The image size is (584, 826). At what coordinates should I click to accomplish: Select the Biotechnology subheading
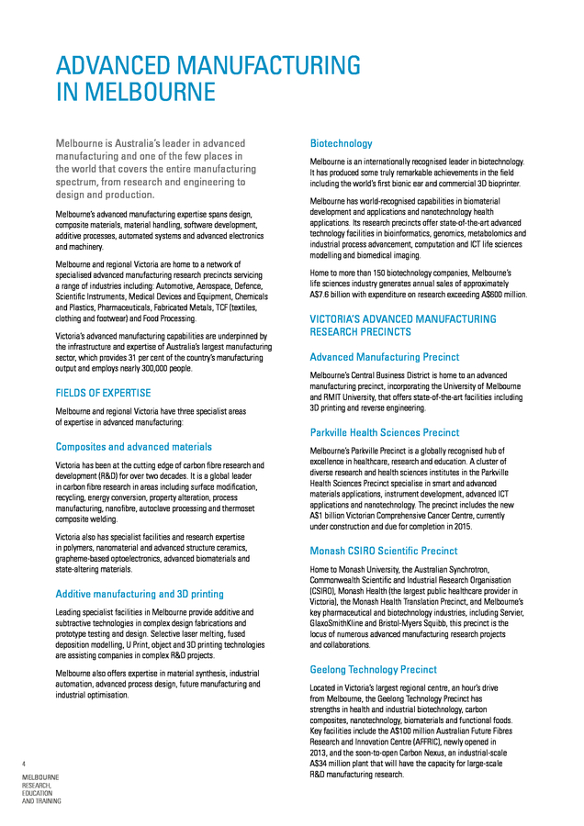tap(342, 143)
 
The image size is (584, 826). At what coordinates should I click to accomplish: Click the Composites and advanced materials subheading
tap(134, 447)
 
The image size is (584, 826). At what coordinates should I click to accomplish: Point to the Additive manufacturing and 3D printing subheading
tap(140, 594)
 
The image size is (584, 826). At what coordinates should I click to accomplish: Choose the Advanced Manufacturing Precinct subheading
tap(385, 356)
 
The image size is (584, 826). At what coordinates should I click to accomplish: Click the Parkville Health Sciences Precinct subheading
tap(385, 432)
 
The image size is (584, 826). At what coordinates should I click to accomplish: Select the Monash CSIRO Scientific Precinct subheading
tap(384, 551)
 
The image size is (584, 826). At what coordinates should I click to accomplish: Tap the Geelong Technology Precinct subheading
tap(373, 670)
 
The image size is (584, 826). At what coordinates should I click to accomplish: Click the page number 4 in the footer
tap(25, 763)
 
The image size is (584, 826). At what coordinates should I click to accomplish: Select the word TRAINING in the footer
tap(46, 801)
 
